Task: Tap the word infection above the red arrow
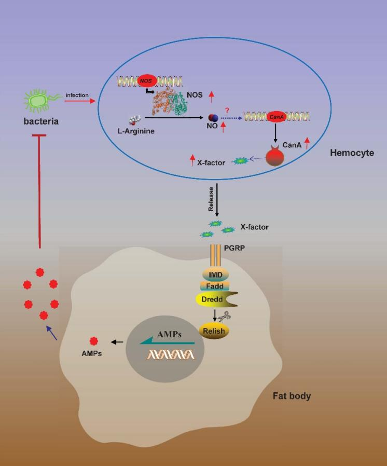(x=77, y=95)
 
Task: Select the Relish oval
(x=214, y=329)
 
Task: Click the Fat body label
(x=292, y=396)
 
